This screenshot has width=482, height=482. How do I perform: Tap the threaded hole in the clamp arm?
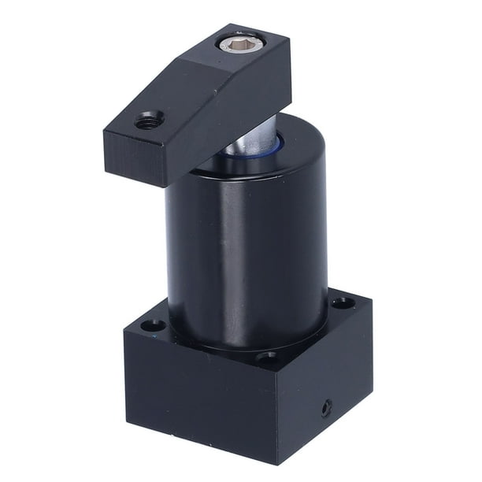tap(148, 121)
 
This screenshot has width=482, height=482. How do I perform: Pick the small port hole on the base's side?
tap(326, 408)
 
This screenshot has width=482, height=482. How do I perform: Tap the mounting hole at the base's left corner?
tap(152, 324)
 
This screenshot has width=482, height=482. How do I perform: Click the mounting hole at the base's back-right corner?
tap(342, 302)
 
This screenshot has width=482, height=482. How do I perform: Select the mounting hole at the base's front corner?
tap(266, 359)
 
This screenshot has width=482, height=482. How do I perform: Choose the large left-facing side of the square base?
tap(197, 402)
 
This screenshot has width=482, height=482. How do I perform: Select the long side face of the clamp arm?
tap(228, 126)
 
